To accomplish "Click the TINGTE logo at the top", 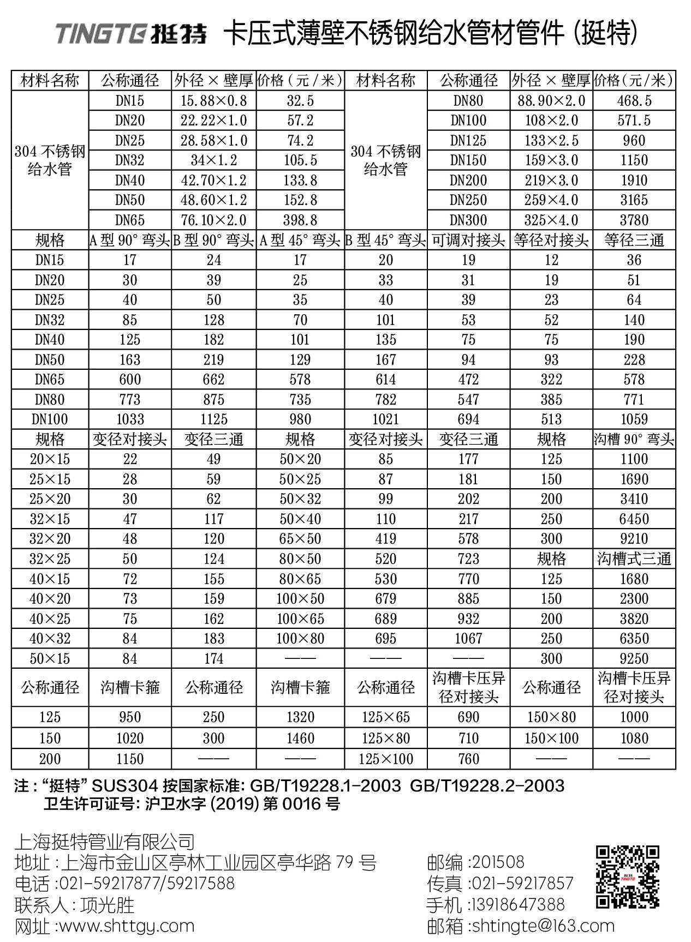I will point(131,34).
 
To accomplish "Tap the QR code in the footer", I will point(627,877).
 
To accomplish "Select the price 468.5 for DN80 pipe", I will point(634,101).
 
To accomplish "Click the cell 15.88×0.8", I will point(213,101).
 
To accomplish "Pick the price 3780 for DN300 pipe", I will point(634,220).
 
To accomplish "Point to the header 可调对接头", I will point(468,241).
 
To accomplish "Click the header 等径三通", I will point(634,241).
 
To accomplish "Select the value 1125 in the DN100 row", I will point(213,419).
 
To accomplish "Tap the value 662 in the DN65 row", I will point(213,380).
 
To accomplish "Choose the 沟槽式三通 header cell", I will point(634,559).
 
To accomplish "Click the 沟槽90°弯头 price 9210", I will point(634,539).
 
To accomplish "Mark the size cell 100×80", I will point(300,639).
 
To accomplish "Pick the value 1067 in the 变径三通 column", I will point(468,639).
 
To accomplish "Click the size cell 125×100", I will point(385,759).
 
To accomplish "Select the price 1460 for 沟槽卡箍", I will point(300,739).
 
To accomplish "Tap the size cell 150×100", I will point(551,739).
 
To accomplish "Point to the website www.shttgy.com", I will point(126,926).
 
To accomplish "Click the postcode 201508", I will point(497,862).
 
